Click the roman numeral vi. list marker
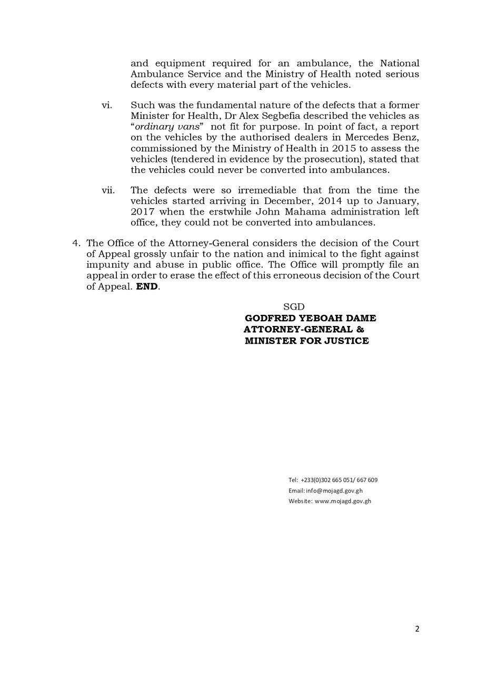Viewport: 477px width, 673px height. tap(107, 106)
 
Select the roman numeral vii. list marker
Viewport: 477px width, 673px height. tap(108, 190)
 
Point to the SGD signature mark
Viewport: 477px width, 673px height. tap(294, 307)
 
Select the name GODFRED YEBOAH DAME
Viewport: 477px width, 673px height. tap(310, 318)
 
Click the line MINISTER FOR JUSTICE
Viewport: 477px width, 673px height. tap(306, 341)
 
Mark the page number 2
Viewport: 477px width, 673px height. tap(417, 629)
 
